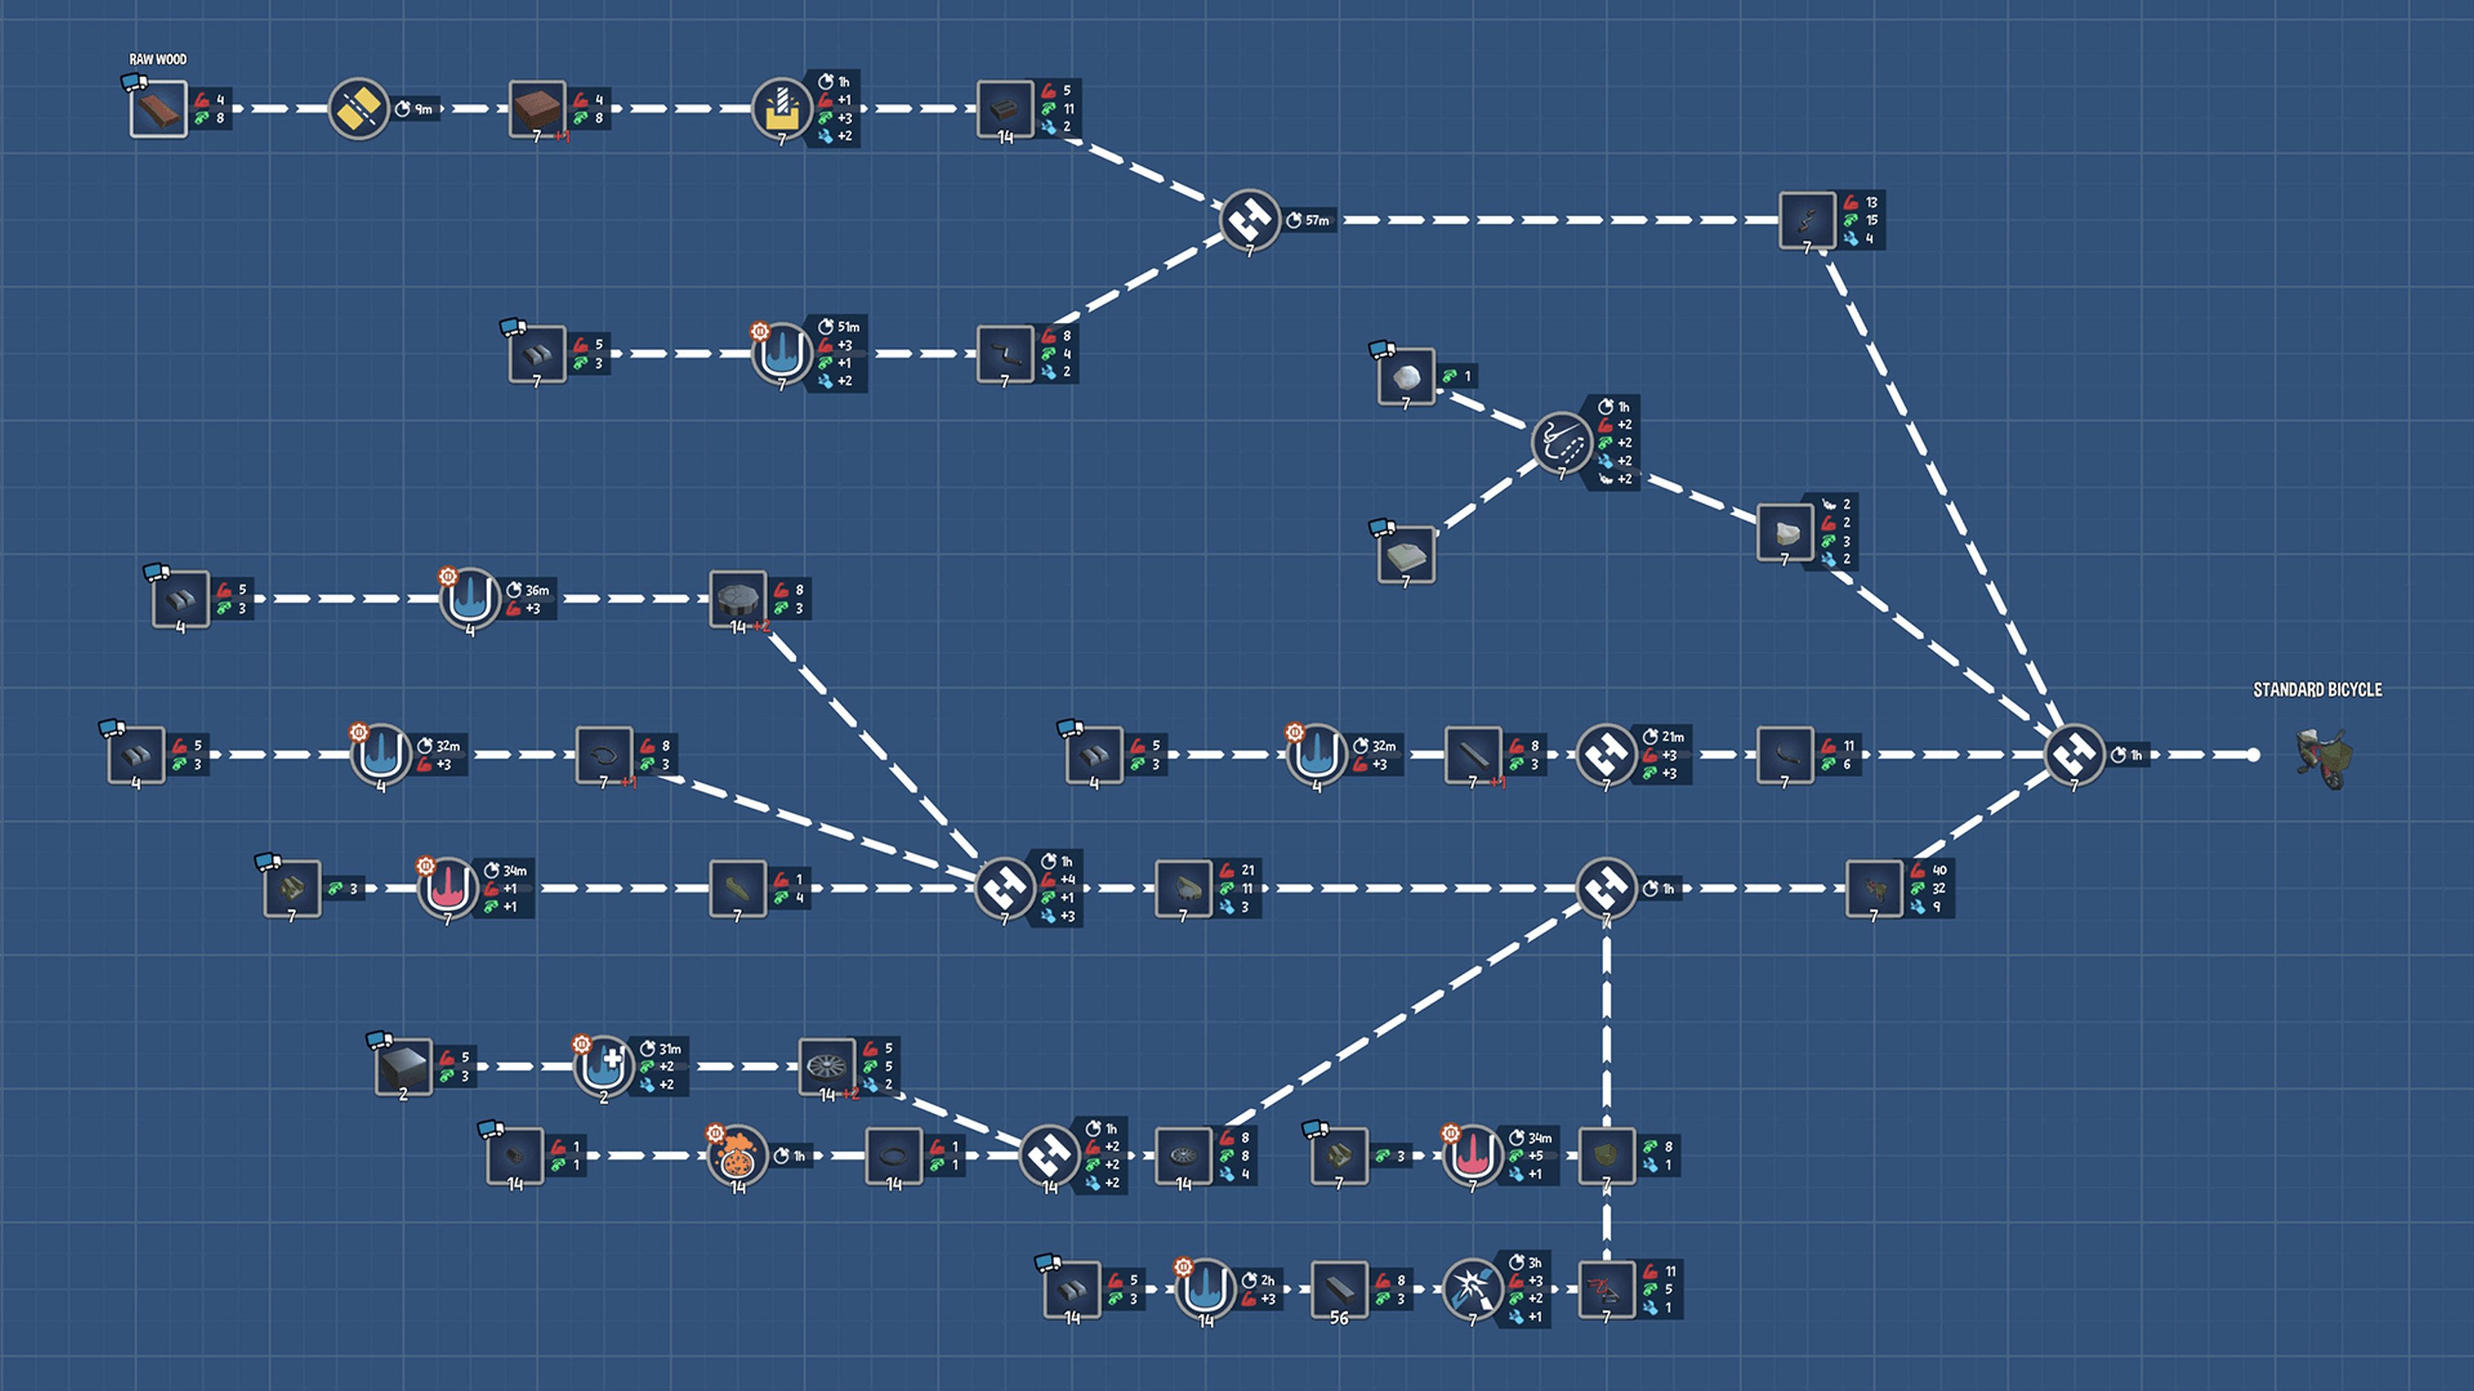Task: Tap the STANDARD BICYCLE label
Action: pyautogui.click(x=2317, y=689)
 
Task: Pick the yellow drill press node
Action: pyautogui.click(x=781, y=108)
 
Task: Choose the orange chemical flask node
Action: pyautogui.click(x=738, y=1156)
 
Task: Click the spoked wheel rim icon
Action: pyautogui.click(x=827, y=1066)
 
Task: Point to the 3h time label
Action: pyautogui.click(x=1534, y=1262)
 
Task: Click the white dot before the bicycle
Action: pyautogui.click(x=2253, y=755)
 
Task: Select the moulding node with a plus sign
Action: pyautogui.click(x=603, y=1066)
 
